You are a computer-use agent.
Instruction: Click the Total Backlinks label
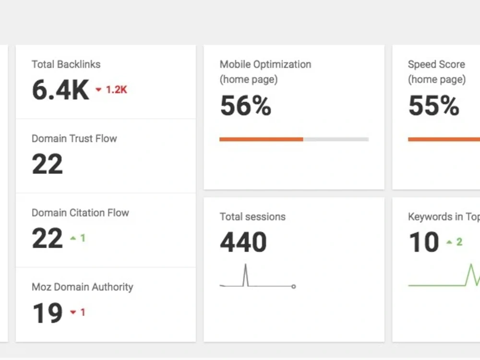pyautogui.click(x=66, y=64)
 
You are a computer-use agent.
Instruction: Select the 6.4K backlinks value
pyautogui.click(x=60, y=90)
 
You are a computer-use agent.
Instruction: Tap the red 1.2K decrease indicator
pyautogui.click(x=111, y=90)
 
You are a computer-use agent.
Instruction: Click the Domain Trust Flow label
pyautogui.click(x=74, y=138)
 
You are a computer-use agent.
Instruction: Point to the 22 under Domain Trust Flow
pyautogui.click(x=48, y=164)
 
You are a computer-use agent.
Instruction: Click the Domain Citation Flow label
pyautogui.click(x=80, y=213)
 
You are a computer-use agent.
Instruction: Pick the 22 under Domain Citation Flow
pyautogui.click(x=48, y=238)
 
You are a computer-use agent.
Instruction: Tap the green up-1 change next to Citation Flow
pyautogui.click(x=78, y=238)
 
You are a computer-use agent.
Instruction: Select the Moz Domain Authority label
pyautogui.click(x=83, y=287)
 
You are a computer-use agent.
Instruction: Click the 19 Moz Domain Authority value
pyautogui.click(x=48, y=312)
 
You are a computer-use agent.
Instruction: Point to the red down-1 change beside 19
pyautogui.click(x=78, y=312)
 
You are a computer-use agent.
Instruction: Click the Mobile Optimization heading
pyautogui.click(x=265, y=72)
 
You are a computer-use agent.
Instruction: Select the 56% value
pyautogui.click(x=245, y=106)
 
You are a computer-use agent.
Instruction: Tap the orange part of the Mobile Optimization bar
pyautogui.click(x=262, y=139)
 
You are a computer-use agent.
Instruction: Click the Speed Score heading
pyautogui.click(x=437, y=72)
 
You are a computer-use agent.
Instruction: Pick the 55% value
pyautogui.click(x=434, y=106)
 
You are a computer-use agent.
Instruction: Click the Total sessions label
pyautogui.click(x=252, y=217)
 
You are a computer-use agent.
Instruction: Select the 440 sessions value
pyautogui.click(x=243, y=242)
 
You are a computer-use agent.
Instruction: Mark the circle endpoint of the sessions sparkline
pyautogui.click(x=294, y=287)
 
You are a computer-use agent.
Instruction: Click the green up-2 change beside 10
pyautogui.click(x=454, y=242)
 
